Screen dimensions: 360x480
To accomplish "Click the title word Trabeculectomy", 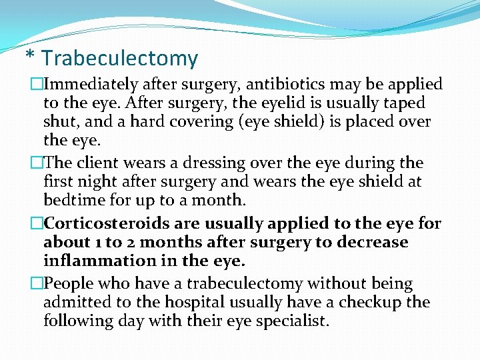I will click(120, 59).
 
